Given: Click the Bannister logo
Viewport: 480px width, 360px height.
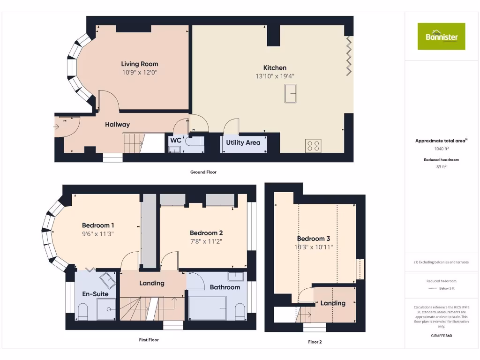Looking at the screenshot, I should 441,36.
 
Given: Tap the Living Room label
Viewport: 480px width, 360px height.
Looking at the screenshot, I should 140,64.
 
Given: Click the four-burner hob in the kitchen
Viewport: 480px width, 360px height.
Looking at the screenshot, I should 313,146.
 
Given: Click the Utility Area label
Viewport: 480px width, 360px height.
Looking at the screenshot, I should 243,142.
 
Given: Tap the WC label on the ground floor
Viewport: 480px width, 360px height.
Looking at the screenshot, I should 175,140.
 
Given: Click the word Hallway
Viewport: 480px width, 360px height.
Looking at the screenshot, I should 117,125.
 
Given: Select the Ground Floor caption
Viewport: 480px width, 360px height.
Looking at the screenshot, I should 203,172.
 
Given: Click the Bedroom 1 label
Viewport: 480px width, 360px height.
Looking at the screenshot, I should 98,225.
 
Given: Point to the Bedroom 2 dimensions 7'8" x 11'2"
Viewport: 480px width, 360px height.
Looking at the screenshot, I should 206,241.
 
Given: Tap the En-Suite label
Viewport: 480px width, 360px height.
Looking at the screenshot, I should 95,294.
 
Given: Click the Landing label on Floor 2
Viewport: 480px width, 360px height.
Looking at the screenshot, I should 333,303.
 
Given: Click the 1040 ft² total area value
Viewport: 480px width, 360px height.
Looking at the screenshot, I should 441,149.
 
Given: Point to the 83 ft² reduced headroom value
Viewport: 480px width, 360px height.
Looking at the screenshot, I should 441,166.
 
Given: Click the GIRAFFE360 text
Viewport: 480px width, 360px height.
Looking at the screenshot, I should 441,336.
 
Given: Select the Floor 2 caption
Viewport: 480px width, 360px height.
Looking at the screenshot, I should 315,342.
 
